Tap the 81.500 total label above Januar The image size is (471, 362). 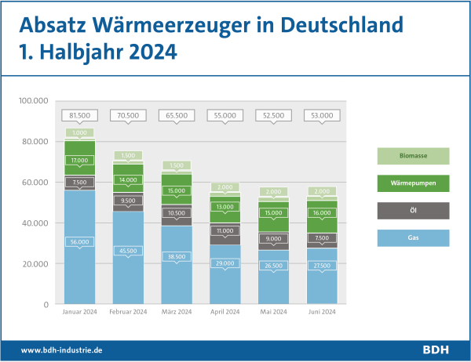coord(79,115)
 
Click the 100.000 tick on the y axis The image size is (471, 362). coord(36,101)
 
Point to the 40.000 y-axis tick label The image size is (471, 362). coord(36,223)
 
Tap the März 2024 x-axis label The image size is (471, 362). coord(176,313)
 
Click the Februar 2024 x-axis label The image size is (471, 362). coord(127,313)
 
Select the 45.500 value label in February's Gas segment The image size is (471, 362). coord(127,251)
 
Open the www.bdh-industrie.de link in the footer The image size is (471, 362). coord(62,349)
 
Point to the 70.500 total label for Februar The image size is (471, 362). coord(127,115)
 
